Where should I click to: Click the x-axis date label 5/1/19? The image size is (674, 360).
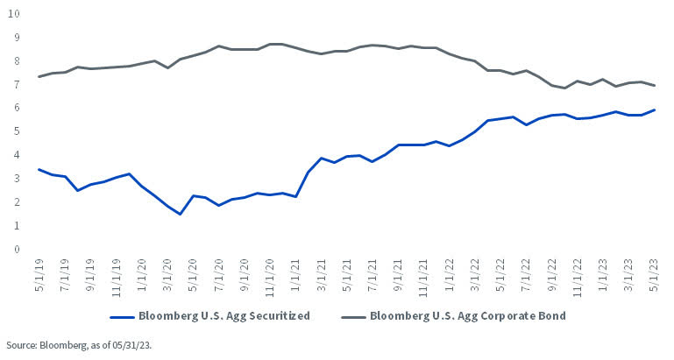pyautogui.click(x=39, y=274)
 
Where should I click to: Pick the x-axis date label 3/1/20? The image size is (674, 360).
pyautogui.click(x=167, y=274)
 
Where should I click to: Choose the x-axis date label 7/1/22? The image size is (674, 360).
pyautogui.click(x=524, y=274)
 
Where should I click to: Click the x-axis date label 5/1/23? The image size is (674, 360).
pyautogui.click(x=652, y=274)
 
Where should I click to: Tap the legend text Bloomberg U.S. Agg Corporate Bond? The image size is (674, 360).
pyautogui.click(x=469, y=315)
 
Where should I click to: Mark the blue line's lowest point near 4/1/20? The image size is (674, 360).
pyautogui.click(x=180, y=214)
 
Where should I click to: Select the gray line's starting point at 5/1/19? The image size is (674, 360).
pyautogui.click(x=39, y=76)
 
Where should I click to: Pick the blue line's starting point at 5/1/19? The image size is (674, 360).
pyautogui.click(x=39, y=169)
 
